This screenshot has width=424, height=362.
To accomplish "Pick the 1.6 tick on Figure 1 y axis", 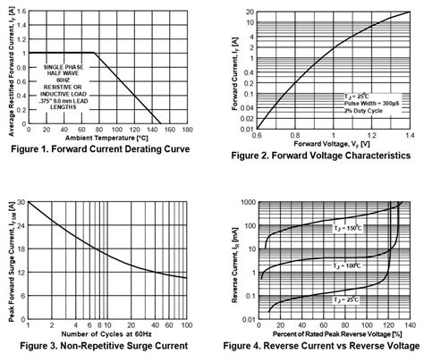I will click(x=21, y=10).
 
